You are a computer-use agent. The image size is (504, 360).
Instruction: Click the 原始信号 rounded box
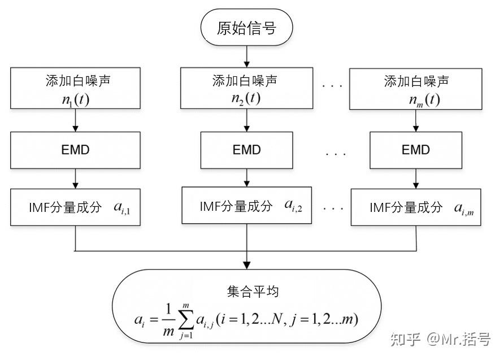tap(246, 28)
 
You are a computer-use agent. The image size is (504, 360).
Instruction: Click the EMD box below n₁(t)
tap(76, 150)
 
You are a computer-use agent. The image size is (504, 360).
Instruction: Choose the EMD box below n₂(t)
tap(246, 150)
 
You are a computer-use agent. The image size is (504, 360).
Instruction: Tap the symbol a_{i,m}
tap(464, 208)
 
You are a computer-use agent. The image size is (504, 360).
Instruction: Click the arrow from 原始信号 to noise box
tap(246, 56)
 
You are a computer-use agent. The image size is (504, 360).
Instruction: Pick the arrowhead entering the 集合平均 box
tap(246, 264)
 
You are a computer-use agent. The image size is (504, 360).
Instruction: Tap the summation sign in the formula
tap(185, 322)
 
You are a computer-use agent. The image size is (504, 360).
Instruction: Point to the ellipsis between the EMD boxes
tap(336, 153)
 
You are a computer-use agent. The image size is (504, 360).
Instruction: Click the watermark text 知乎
tap(407, 340)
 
